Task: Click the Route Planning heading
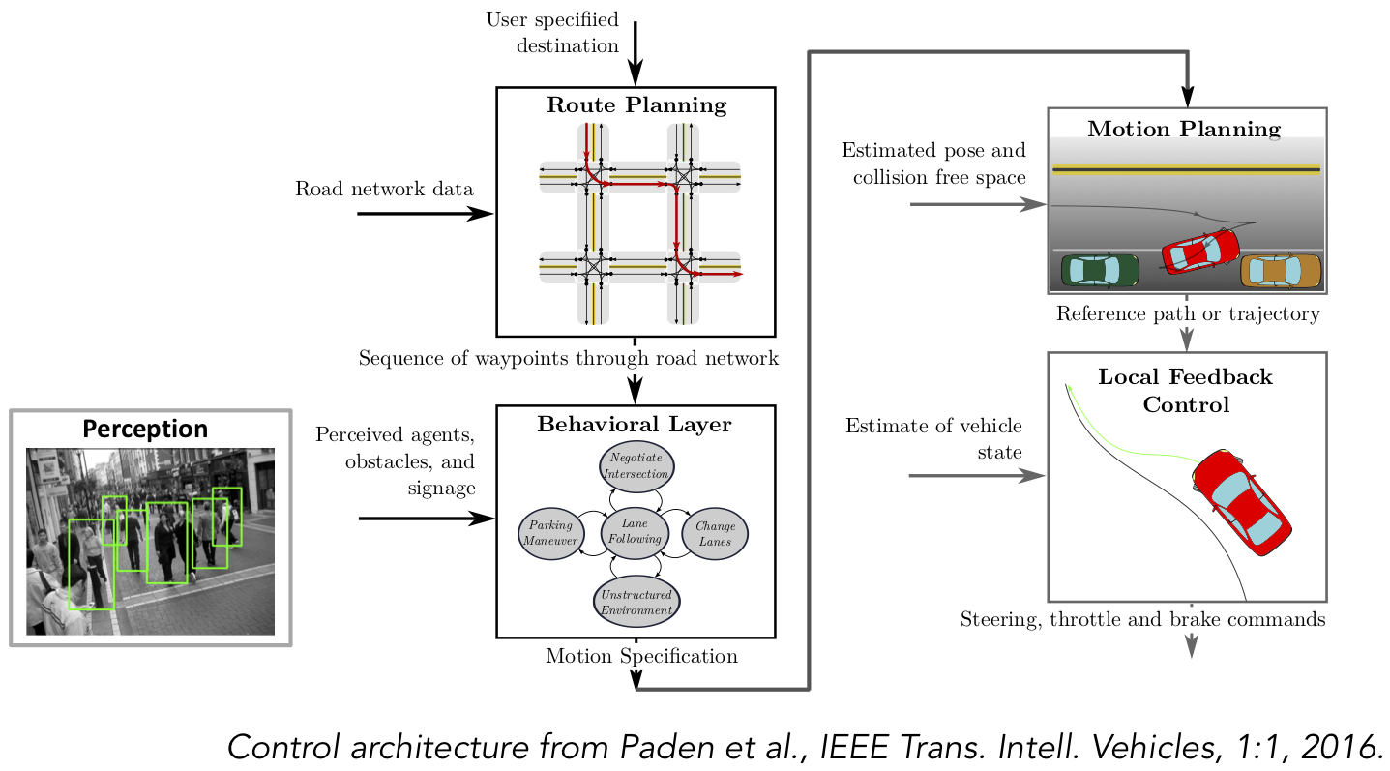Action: (x=636, y=105)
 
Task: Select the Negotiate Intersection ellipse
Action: (x=636, y=468)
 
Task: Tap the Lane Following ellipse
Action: (x=635, y=531)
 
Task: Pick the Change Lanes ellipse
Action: (x=716, y=534)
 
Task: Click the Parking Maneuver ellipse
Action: (x=552, y=534)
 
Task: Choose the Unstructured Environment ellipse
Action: (x=636, y=602)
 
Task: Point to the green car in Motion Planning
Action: (x=1100, y=270)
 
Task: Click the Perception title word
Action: (x=145, y=429)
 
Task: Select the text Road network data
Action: (x=384, y=190)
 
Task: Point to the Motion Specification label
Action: (x=641, y=657)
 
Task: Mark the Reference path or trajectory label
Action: (x=1188, y=314)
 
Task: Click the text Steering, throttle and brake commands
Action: (x=1142, y=619)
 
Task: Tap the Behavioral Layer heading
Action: (x=636, y=425)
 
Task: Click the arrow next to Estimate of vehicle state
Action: (x=977, y=476)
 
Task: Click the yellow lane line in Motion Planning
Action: (x=1187, y=169)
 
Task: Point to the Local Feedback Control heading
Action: (x=1186, y=390)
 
